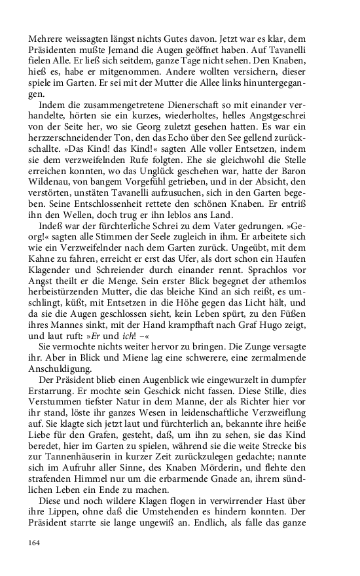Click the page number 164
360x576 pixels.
35,543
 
